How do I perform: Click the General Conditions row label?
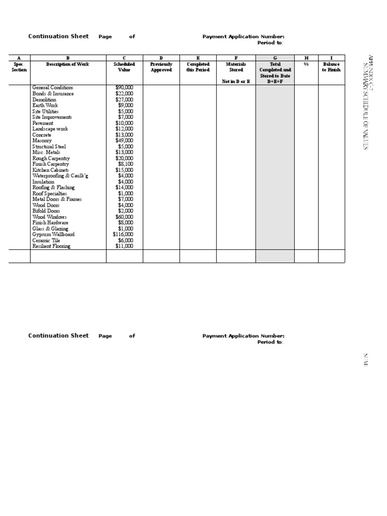[x=52, y=88]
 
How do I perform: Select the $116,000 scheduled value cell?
[x=123, y=234]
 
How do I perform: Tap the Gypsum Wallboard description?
[x=53, y=234]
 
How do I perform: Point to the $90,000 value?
[x=124, y=88]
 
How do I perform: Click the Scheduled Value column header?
[x=124, y=67]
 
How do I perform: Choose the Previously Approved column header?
[x=161, y=67]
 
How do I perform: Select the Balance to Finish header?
[x=331, y=67]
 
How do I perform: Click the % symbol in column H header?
[x=306, y=64]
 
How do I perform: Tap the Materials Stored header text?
[x=236, y=67]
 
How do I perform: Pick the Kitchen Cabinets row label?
[x=50, y=170]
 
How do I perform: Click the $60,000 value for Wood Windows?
[x=124, y=217]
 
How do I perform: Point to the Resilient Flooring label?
[x=51, y=246]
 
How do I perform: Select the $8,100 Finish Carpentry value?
[x=125, y=164]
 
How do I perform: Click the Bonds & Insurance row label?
[x=53, y=94]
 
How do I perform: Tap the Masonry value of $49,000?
[x=124, y=141]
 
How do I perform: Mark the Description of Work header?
[x=68, y=64]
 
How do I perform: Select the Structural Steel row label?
[x=49, y=147]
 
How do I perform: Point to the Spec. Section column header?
[x=19, y=67]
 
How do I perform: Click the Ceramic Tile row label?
[x=46, y=240]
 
